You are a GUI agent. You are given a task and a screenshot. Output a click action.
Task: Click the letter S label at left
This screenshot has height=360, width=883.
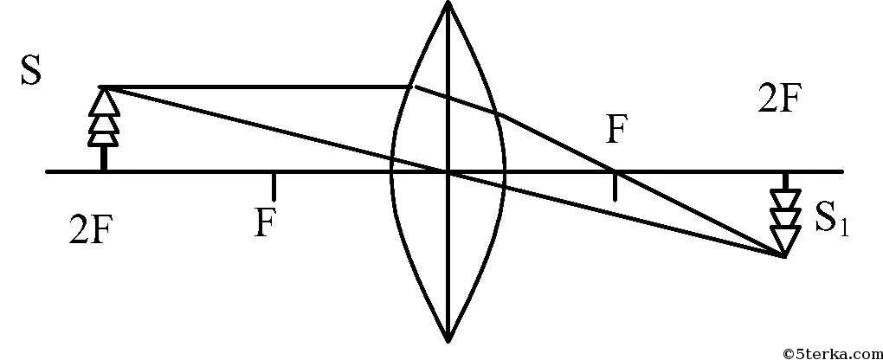[x=31, y=73]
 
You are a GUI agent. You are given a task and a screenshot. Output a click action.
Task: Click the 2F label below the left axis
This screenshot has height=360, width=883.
[x=90, y=231]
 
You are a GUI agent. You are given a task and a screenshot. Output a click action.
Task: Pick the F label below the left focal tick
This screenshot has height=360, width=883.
[x=265, y=223]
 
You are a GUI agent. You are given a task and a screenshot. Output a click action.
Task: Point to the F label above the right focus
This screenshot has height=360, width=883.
[x=616, y=130]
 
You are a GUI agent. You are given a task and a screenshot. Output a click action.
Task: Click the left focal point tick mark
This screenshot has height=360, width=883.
[x=274, y=185]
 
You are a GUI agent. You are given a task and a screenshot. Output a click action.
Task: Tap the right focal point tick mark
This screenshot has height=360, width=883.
[x=615, y=185]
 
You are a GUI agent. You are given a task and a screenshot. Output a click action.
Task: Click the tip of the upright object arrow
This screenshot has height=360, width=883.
[x=103, y=87]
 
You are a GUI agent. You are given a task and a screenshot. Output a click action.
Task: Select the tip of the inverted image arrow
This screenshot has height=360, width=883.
[x=784, y=256]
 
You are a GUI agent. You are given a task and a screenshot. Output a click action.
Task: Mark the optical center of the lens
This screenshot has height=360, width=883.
[x=448, y=171]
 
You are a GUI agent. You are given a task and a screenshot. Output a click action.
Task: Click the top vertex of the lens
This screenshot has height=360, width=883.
[x=448, y=3]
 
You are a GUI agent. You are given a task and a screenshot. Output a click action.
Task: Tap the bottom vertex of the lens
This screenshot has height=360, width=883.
[x=448, y=339]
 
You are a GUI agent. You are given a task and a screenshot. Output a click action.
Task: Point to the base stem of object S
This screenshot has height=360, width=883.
[x=103, y=158]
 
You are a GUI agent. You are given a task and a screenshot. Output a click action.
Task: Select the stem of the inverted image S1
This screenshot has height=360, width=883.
[x=784, y=182]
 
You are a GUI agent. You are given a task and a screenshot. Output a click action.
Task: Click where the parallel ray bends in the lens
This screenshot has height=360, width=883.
[x=413, y=87]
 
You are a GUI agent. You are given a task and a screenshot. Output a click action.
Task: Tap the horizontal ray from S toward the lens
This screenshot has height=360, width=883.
[x=260, y=87]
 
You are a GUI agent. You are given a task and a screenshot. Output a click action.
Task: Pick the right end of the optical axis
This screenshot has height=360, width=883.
[x=841, y=171]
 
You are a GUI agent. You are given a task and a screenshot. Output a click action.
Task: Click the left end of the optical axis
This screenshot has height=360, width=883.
[x=48, y=171]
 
